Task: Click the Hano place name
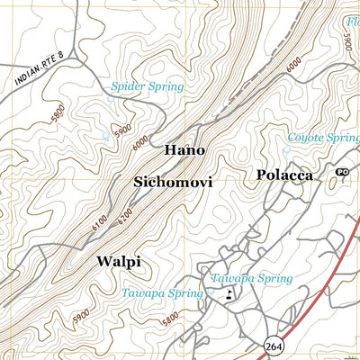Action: click(x=184, y=149)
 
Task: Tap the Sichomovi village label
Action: click(x=173, y=182)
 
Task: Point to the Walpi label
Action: click(x=118, y=262)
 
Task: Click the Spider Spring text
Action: click(x=147, y=87)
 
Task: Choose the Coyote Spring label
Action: click(x=323, y=138)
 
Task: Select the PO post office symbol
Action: click(x=342, y=172)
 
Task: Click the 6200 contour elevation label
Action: click(x=124, y=216)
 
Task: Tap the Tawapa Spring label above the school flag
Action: click(x=251, y=279)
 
